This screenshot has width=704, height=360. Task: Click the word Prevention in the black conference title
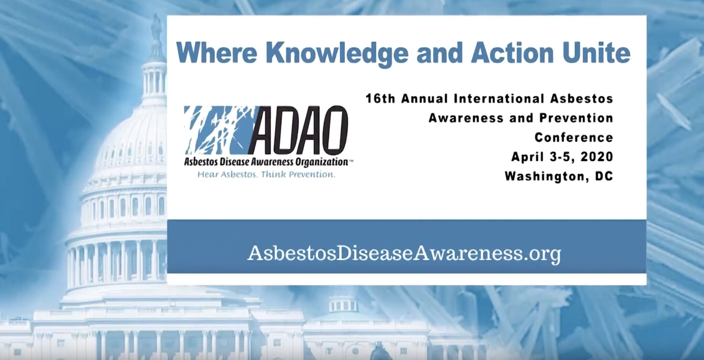[576, 118]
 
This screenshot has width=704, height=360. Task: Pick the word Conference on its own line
[574, 138]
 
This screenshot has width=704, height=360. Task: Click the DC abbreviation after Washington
[603, 176]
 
